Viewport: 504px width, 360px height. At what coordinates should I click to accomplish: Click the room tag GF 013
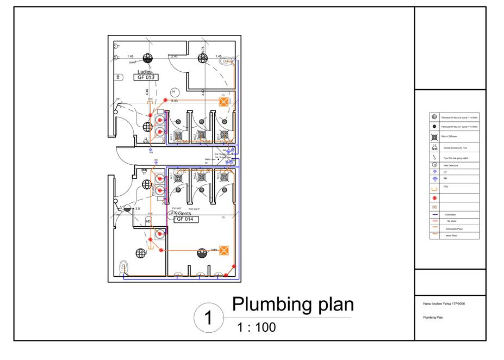146,78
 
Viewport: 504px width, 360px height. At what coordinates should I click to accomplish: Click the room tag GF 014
185,219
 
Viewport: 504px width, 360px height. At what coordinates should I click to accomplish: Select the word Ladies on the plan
145,72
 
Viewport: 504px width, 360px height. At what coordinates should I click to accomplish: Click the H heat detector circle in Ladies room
174,92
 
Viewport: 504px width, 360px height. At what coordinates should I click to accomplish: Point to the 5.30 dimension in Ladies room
175,101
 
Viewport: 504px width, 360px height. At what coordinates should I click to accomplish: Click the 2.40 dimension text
174,57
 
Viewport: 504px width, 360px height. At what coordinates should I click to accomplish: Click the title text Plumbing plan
293,305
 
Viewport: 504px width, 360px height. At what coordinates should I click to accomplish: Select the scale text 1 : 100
256,327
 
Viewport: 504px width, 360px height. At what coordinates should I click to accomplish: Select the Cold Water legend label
451,215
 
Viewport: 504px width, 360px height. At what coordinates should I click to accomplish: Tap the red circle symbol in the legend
434,198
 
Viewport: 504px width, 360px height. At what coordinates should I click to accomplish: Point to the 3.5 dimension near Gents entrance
138,208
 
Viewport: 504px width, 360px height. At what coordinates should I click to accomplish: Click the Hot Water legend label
451,222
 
